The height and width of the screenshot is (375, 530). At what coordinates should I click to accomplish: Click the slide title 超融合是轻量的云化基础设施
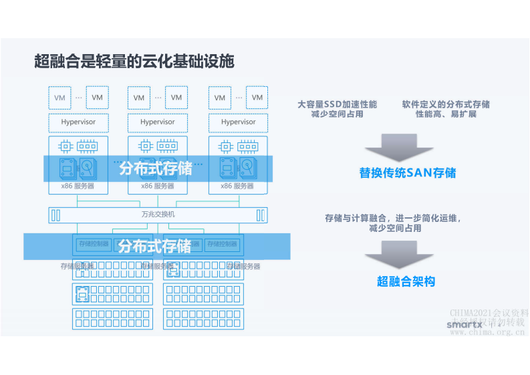pos(134,61)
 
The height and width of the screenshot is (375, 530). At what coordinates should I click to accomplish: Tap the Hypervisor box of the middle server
pos(158,122)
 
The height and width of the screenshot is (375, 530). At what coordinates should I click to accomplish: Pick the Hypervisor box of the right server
pos(239,122)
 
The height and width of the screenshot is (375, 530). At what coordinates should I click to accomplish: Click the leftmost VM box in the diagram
pos(60,98)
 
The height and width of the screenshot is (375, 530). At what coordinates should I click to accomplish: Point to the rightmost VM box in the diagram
pos(257,98)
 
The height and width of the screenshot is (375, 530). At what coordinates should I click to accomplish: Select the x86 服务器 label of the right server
pos(239,186)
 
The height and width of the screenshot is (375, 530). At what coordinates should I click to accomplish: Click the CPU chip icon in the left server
pos(65,146)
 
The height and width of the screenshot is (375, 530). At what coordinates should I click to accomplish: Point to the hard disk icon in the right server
pos(248,166)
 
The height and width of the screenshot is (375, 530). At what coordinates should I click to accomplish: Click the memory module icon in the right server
pos(249,146)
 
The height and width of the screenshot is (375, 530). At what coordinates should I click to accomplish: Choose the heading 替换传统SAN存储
pos(407,173)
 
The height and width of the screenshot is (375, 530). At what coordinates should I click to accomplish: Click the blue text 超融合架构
pos(406,281)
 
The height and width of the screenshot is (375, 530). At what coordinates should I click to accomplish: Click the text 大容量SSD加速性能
pos(337,104)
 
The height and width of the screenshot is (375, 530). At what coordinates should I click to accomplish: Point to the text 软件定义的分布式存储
pos(445,104)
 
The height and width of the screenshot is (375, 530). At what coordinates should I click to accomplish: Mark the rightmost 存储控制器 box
pos(222,244)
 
